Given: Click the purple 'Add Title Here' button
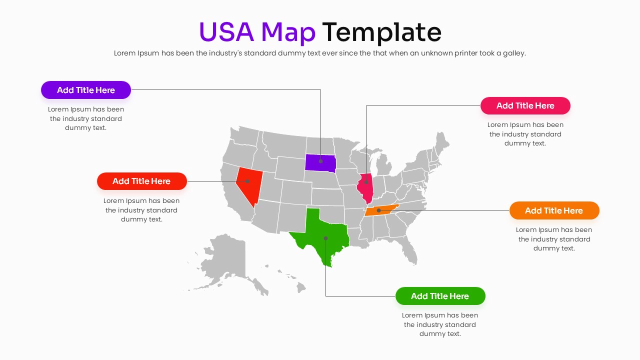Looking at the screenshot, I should point(86,90).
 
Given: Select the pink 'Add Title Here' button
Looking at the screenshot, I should point(525,105).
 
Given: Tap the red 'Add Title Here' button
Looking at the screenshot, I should point(141,181).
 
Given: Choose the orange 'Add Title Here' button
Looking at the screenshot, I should point(554,210).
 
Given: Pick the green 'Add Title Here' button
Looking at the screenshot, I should point(440,296).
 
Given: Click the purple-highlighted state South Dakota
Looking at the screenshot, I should point(320,162).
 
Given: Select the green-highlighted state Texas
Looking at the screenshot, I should point(322,235).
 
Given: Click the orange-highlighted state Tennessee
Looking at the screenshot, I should point(381,210).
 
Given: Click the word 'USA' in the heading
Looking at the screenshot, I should point(226,32).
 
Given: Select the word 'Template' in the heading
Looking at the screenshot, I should point(381,32).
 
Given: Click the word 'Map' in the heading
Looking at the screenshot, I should point(288,32).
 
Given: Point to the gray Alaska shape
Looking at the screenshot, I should point(225,260).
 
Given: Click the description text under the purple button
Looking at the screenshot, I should point(86,118).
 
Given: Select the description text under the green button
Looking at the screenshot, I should point(440,324).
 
